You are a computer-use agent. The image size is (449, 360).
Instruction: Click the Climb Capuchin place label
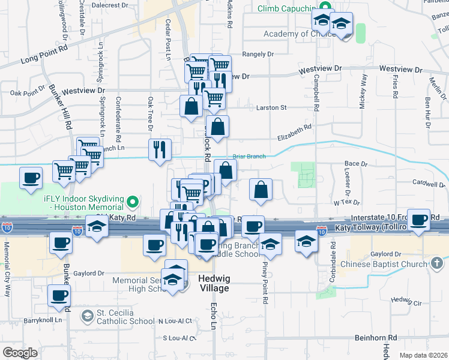(x=286, y=9)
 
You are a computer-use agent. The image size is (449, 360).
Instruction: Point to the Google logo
(x=20, y=352)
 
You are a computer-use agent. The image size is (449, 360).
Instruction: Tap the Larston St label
(x=271, y=108)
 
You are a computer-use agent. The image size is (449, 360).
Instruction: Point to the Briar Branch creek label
(x=249, y=157)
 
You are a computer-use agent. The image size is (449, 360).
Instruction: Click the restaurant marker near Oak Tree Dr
(x=160, y=149)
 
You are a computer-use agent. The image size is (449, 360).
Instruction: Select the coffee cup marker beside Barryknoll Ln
(x=59, y=296)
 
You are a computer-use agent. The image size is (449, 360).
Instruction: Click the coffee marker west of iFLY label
(x=31, y=178)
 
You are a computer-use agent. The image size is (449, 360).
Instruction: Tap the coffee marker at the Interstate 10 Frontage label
(x=419, y=220)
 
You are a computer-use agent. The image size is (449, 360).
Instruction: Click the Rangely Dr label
(x=258, y=54)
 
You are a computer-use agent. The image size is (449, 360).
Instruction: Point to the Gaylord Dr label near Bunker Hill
(x=89, y=273)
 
